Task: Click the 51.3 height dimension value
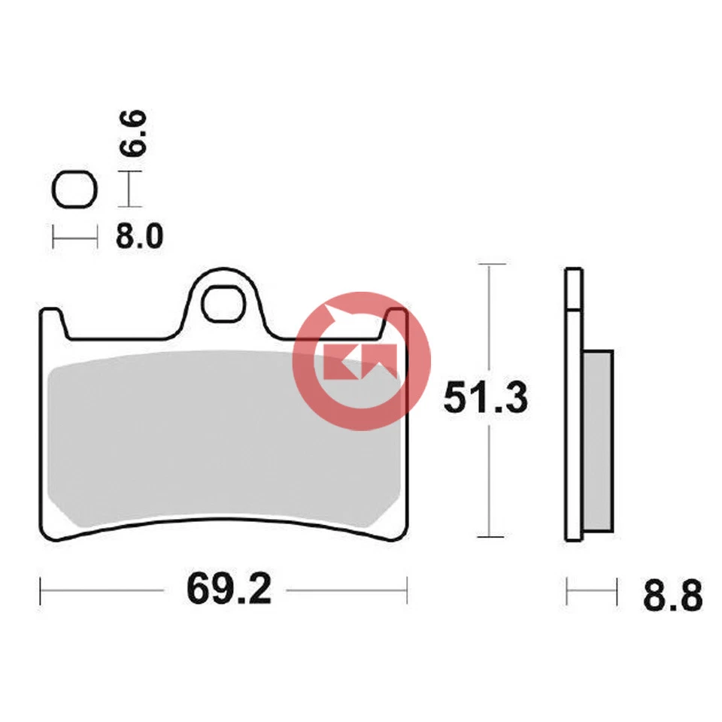click(485, 399)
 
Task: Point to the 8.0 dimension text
click(139, 238)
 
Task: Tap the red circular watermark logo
click(362, 360)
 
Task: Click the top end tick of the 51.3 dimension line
click(490, 265)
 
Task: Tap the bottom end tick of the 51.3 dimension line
click(490, 537)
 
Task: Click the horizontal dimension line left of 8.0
click(74, 238)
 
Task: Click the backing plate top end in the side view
click(573, 272)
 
